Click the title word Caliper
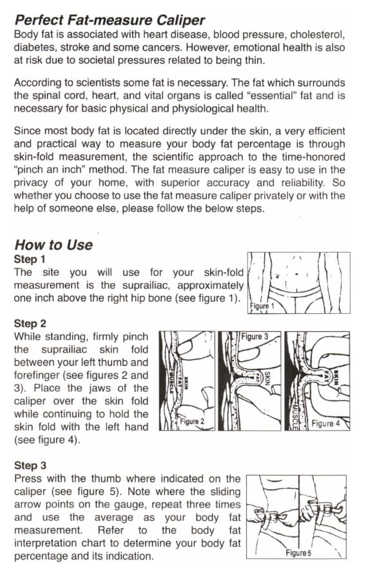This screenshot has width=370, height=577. (180, 20)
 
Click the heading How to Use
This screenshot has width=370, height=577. (54, 245)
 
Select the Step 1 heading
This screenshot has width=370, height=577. (30, 259)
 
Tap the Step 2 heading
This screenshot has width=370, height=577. (30, 324)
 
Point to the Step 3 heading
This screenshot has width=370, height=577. (30, 465)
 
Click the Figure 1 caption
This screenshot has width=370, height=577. (262, 306)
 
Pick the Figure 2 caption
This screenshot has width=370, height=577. (192, 422)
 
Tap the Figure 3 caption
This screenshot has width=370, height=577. (255, 337)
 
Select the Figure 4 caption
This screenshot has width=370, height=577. (326, 423)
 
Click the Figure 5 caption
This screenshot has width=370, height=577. (298, 553)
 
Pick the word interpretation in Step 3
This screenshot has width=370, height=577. (46, 543)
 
